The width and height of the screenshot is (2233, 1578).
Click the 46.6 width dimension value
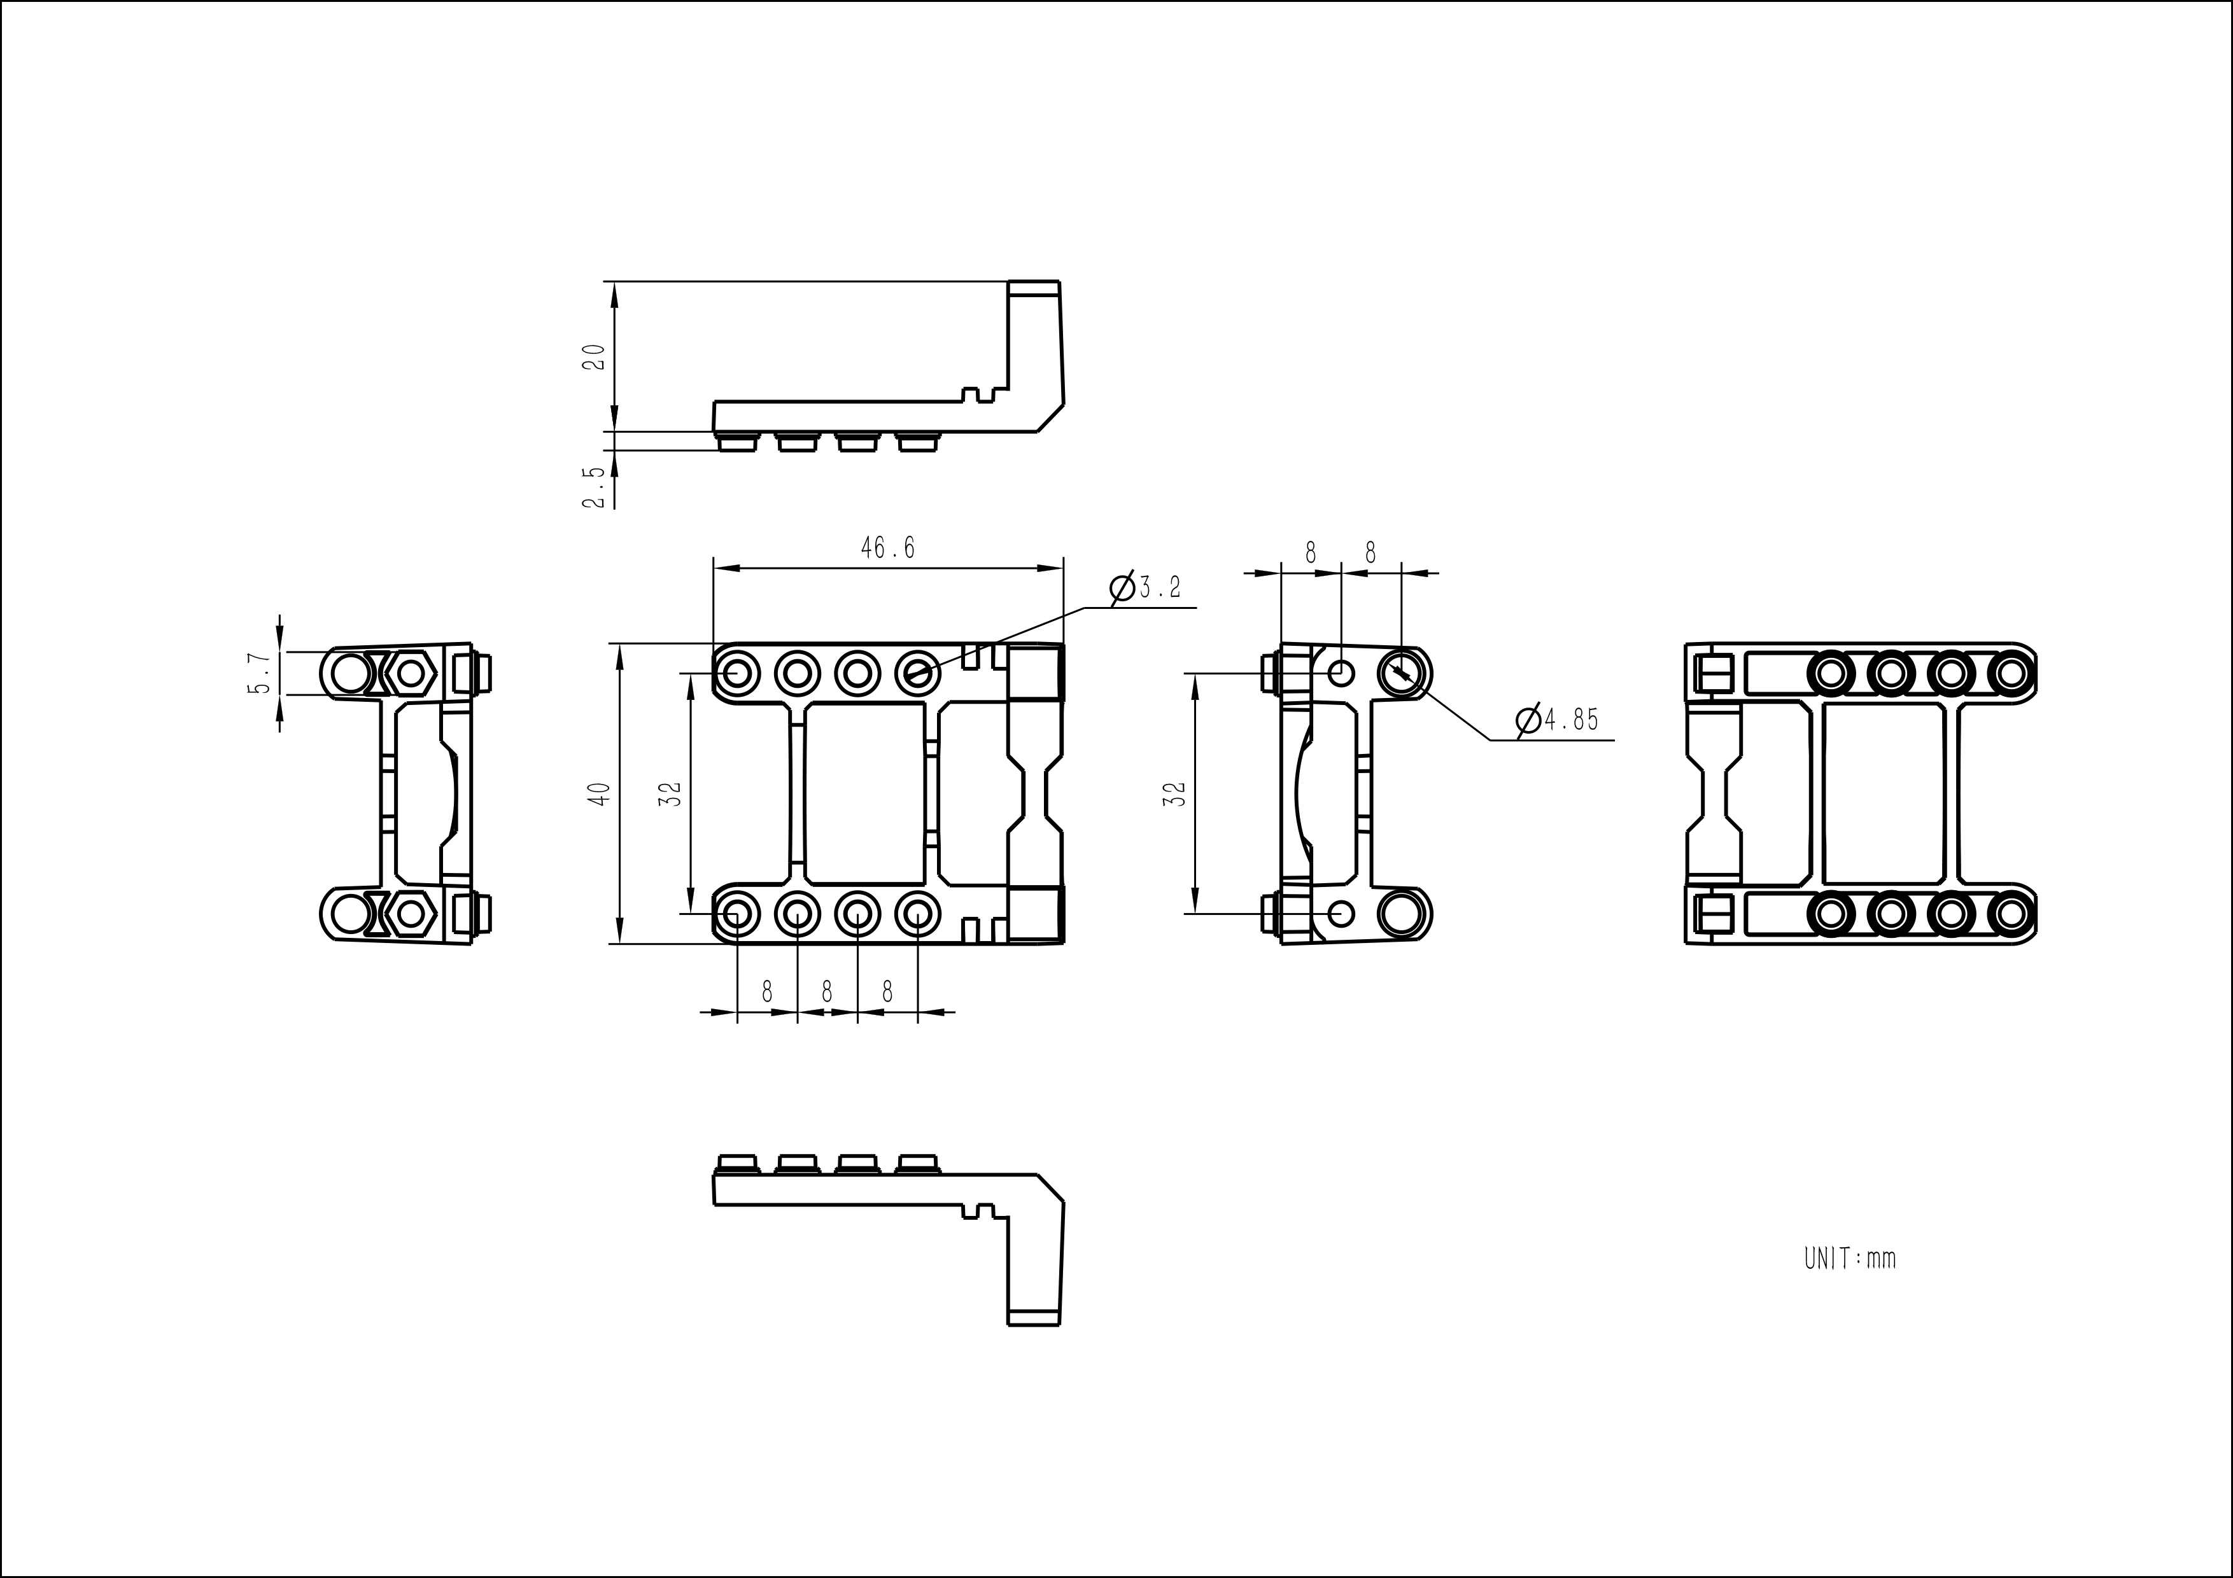(x=887, y=548)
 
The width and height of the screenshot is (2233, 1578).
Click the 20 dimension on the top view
(x=593, y=357)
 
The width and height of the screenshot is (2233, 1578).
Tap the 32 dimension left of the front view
(x=671, y=793)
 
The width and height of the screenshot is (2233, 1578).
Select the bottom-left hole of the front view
(x=737, y=914)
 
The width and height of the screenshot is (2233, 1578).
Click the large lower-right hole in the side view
(x=1404, y=914)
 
